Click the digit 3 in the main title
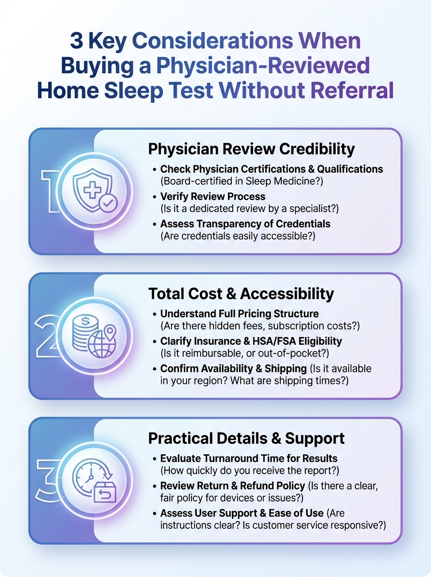[x=76, y=41]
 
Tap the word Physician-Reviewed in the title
[x=263, y=66]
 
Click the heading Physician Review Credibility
[x=252, y=149]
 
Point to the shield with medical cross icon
[x=92, y=190]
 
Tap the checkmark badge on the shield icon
[x=108, y=203]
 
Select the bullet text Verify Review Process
[x=213, y=197]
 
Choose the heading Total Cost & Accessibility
[x=241, y=294]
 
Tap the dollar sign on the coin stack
[x=85, y=321]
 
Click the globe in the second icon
[x=101, y=344]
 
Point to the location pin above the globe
[x=110, y=331]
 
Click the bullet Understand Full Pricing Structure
[x=240, y=314]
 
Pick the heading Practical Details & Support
[x=246, y=439]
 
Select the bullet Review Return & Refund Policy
[x=233, y=486]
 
